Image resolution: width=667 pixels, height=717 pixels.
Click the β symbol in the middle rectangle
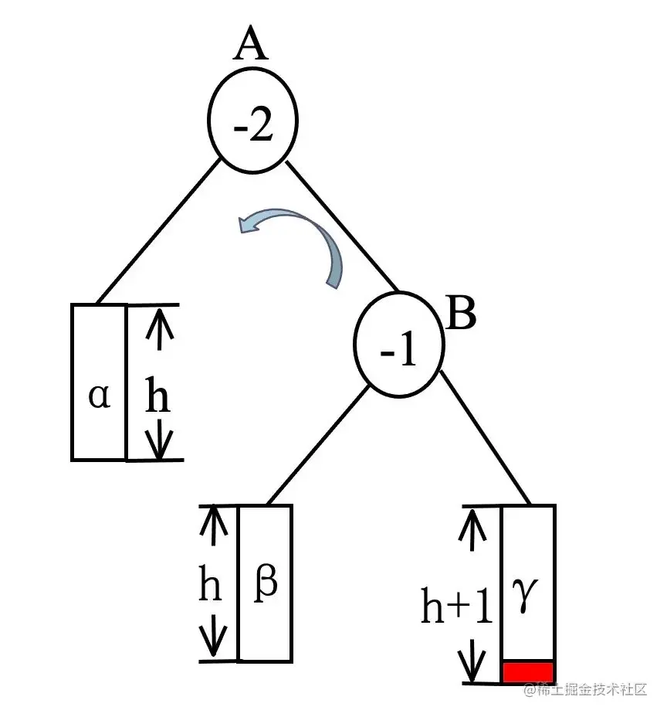click(265, 586)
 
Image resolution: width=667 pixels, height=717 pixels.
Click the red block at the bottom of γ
click(528, 671)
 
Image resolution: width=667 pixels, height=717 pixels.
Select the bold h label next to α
click(158, 399)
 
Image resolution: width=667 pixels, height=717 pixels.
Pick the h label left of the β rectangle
click(210, 587)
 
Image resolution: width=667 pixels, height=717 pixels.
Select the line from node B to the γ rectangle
click(486, 438)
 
